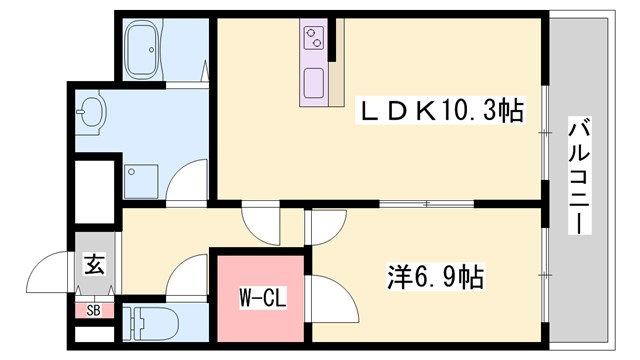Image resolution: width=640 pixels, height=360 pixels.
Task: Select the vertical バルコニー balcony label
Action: [578, 175]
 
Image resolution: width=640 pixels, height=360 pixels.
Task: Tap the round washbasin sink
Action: [92, 112]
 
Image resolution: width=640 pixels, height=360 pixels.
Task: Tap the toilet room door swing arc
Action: [186, 274]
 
